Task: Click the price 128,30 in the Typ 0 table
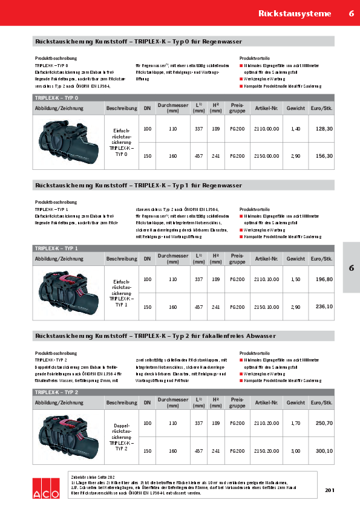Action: click(x=324, y=129)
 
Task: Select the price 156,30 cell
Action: click(x=324, y=156)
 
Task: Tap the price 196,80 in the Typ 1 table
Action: click(x=324, y=279)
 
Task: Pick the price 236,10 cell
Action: click(x=324, y=306)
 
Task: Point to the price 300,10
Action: click(x=324, y=451)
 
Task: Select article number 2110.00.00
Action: click(x=267, y=129)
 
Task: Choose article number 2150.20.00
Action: click(x=267, y=451)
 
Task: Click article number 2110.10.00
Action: click(x=267, y=279)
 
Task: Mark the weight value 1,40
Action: click(x=295, y=129)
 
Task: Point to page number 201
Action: click(x=329, y=490)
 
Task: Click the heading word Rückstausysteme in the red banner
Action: click(x=294, y=13)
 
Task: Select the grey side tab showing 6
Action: click(x=351, y=268)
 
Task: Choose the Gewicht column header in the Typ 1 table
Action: click(x=296, y=259)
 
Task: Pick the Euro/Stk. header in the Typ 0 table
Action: click(x=322, y=108)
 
